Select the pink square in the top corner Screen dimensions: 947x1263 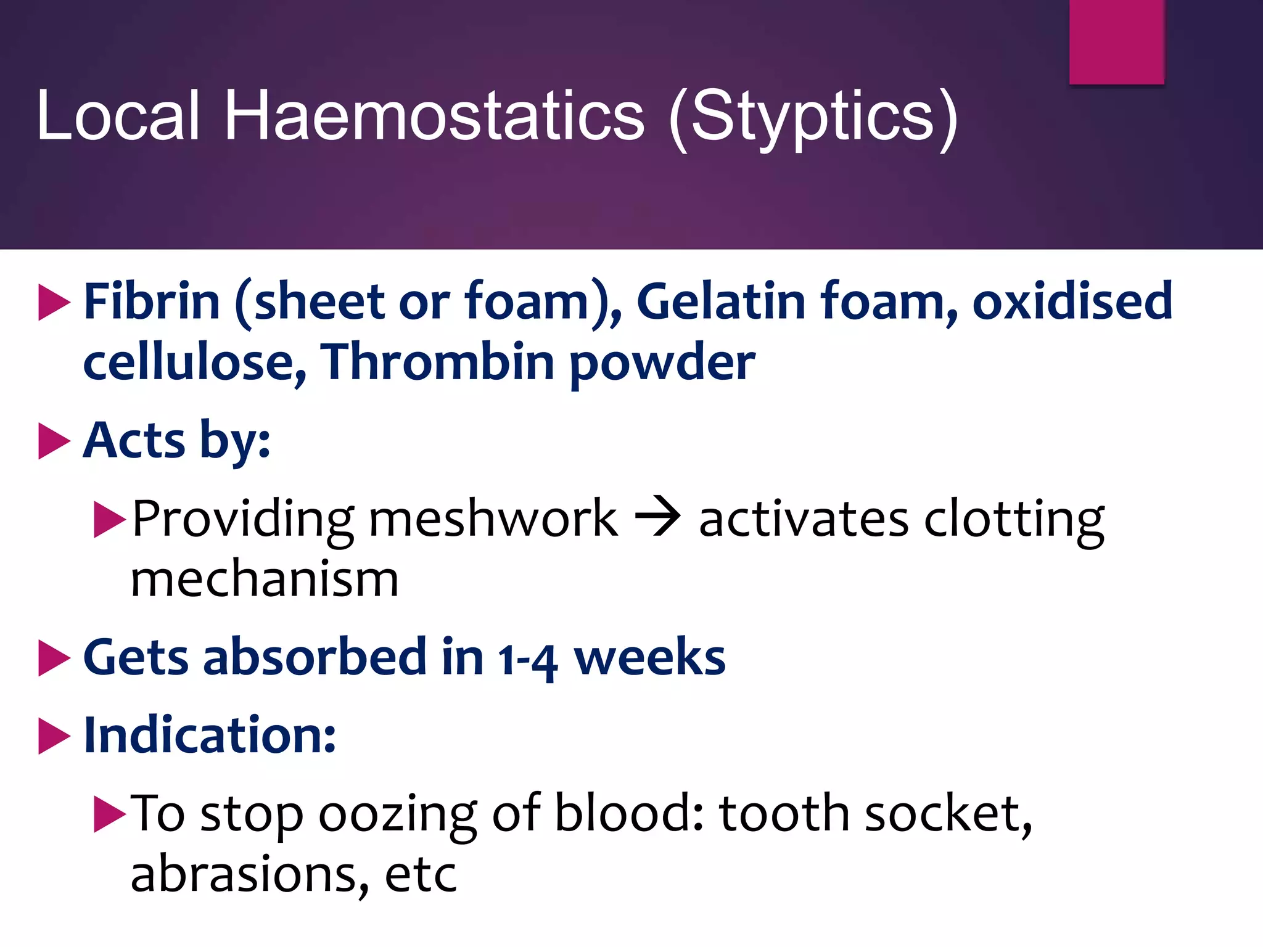pos(1116,42)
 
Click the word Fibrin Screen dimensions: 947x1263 pos(152,301)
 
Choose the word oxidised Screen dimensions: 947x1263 pos(1072,301)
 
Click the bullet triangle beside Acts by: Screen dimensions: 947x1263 pos(54,441)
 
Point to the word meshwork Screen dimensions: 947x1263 pos(493,519)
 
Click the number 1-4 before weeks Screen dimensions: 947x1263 pos(528,658)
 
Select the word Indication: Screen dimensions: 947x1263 pos(210,736)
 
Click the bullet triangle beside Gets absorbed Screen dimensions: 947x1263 pos(54,658)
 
